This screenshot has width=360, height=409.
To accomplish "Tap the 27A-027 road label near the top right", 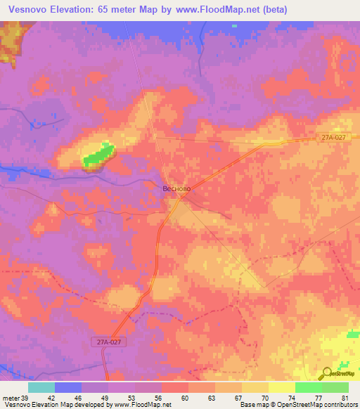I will click(330, 138).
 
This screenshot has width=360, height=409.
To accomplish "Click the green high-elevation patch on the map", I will click(98, 156).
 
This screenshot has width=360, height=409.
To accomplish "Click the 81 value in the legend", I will click(345, 397).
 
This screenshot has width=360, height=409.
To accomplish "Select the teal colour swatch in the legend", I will click(41, 387).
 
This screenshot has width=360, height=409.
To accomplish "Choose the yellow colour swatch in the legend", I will click(281, 387).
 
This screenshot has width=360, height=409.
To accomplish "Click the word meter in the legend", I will click(11, 397).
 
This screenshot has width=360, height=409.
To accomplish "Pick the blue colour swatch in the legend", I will click(68, 387).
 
